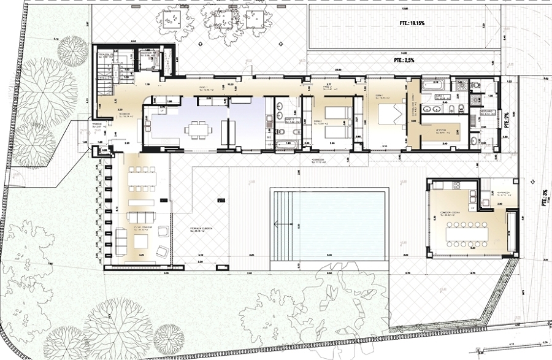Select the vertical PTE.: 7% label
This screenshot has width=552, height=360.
(x=506, y=119)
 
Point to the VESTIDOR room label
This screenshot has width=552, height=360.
(x=440, y=131)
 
